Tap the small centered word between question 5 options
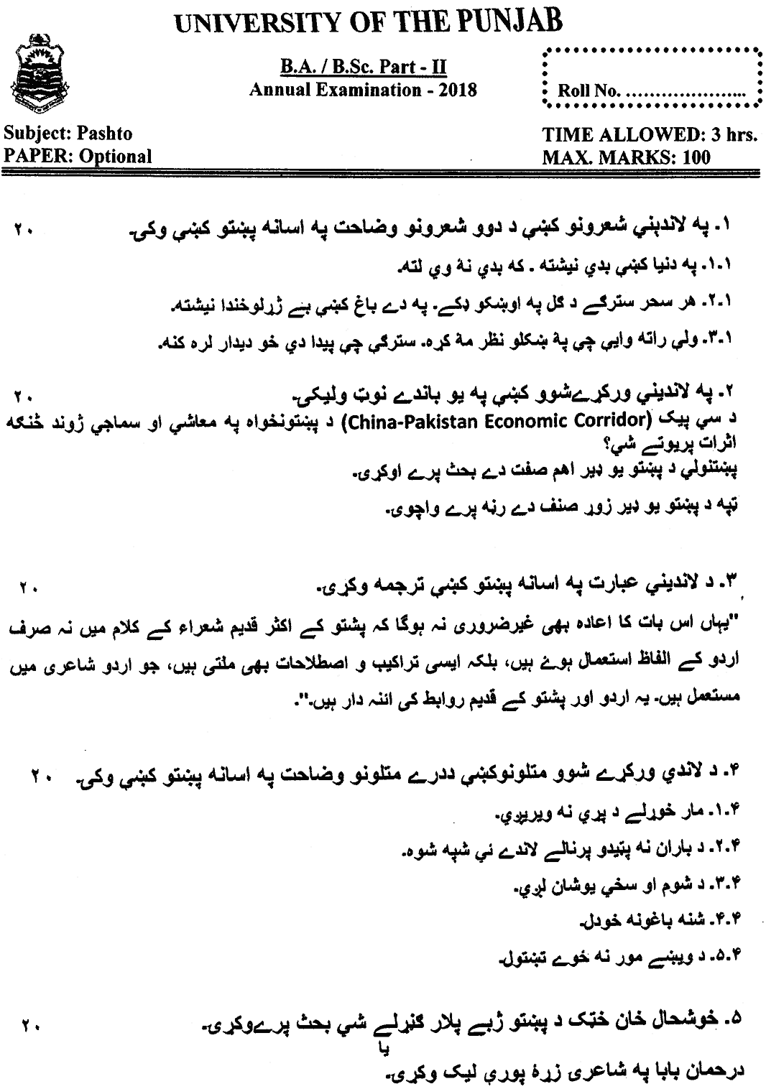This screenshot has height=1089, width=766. tap(382, 1048)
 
